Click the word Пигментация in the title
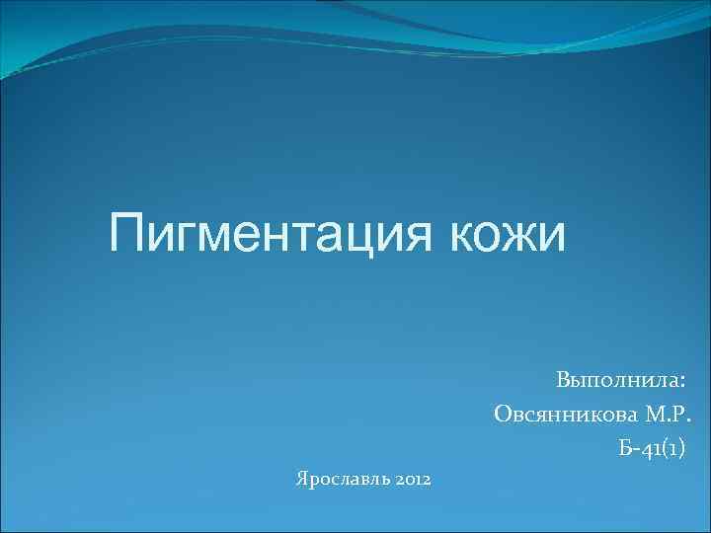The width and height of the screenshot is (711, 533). coord(273,235)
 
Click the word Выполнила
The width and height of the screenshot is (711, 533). coord(616,380)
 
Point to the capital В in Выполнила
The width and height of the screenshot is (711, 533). coord(562,380)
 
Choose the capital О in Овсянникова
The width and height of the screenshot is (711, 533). coord(503,416)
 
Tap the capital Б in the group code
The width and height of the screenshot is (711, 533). coord(624,450)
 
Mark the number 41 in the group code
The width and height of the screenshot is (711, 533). coord(649,451)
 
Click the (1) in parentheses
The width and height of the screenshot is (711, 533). coord(672,451)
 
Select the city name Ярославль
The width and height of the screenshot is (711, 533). coord(341,480)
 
